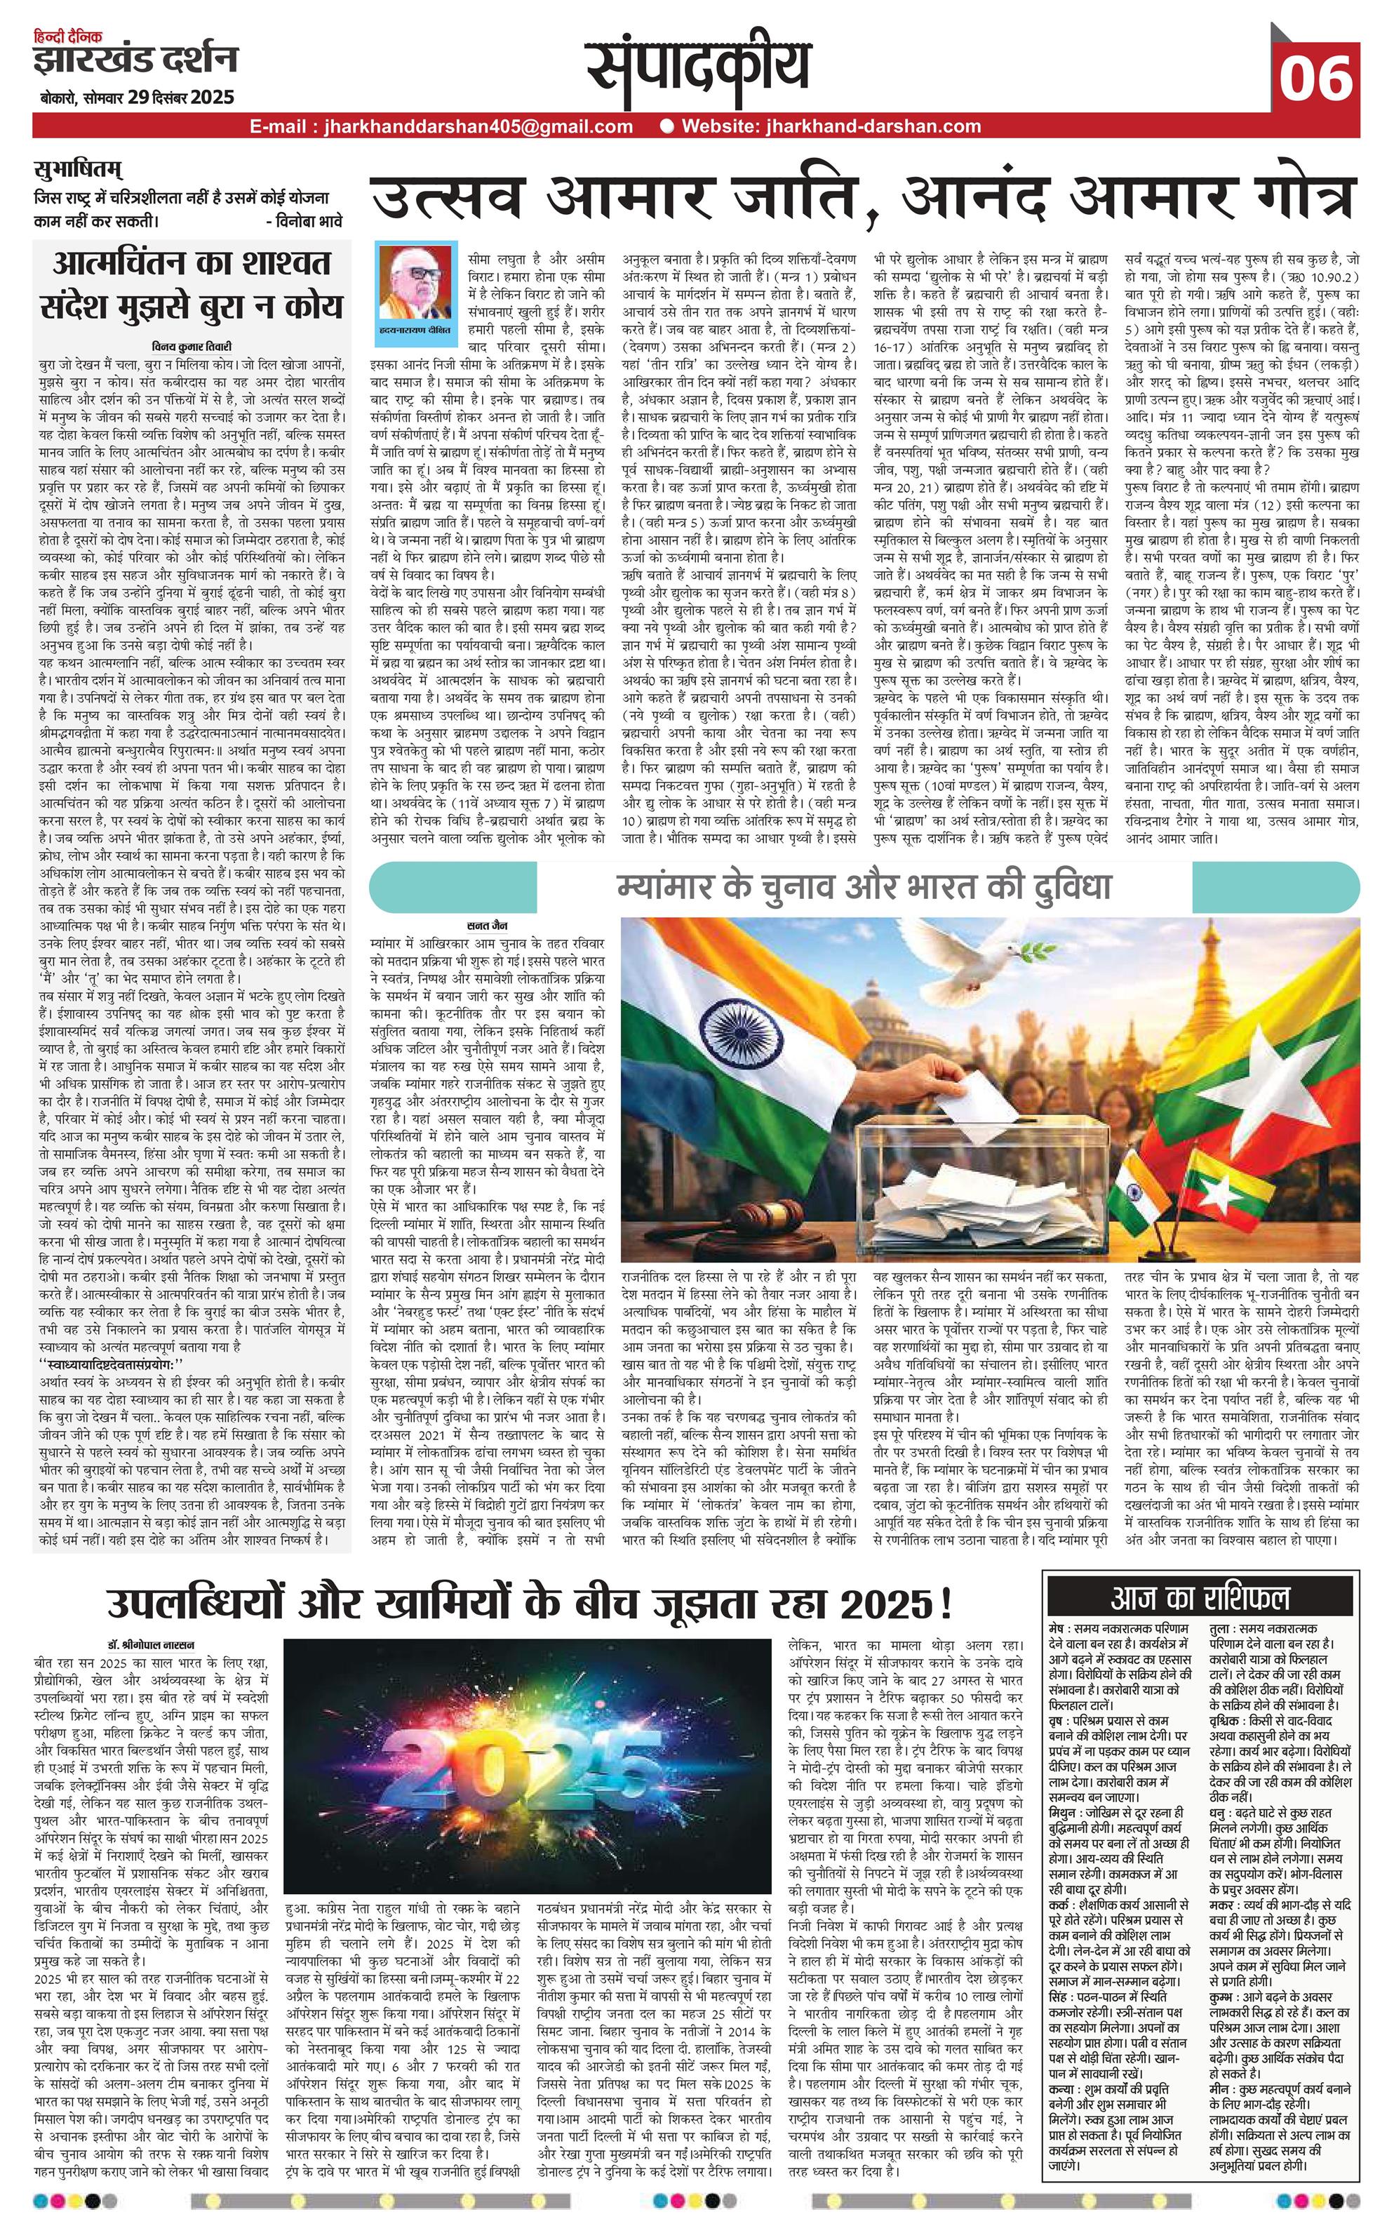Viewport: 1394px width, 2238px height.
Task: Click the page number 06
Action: (1315, 80)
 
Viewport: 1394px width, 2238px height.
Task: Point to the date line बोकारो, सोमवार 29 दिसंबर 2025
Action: (136, 97)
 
